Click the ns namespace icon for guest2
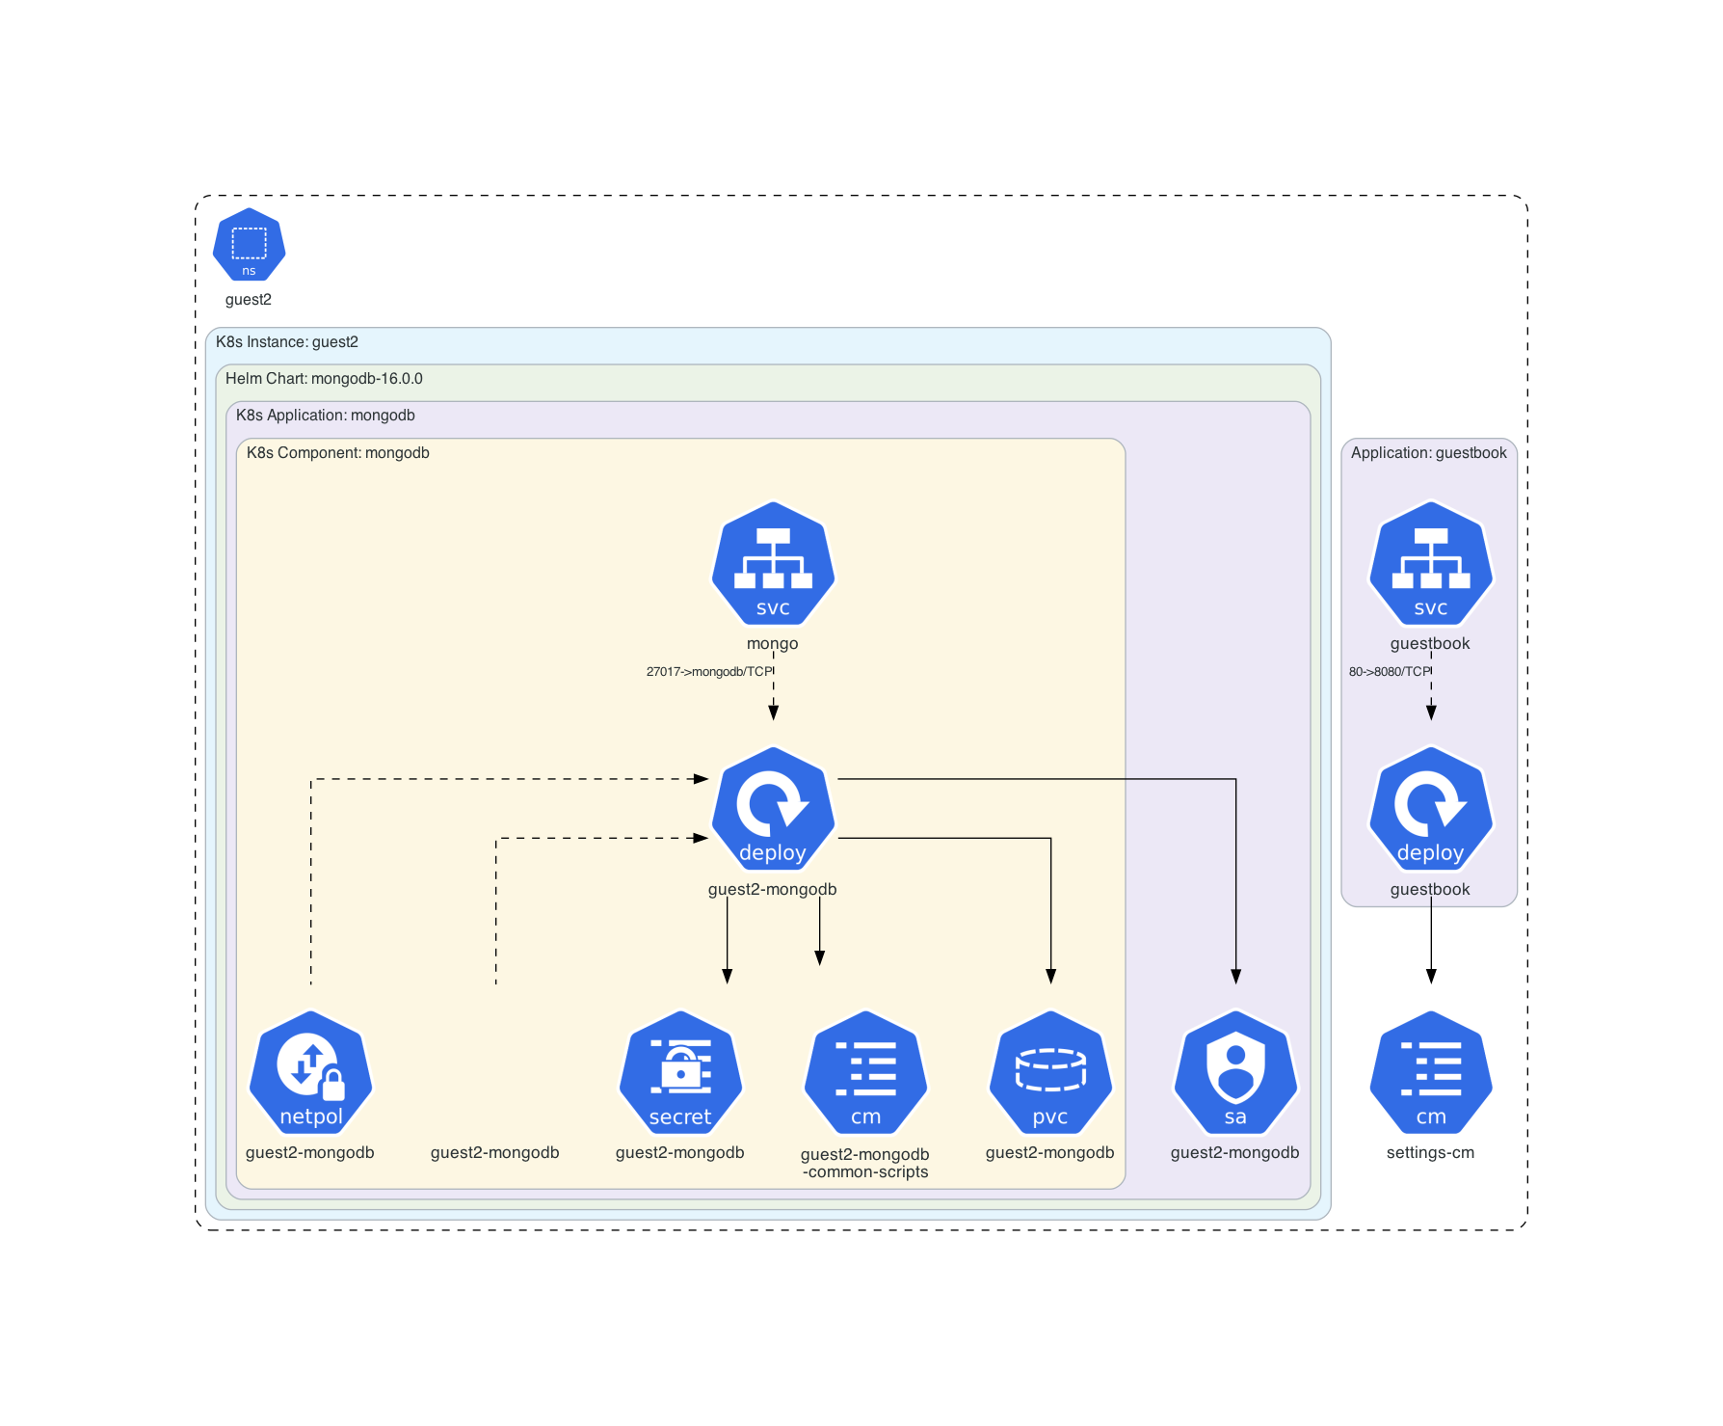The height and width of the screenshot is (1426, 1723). point(249,245)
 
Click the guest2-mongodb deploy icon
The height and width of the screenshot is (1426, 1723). point(773,809)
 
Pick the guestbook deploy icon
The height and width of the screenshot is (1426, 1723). point(1431,809)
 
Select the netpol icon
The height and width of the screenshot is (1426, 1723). point(310,1073)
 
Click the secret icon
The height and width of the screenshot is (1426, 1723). point(680,1073)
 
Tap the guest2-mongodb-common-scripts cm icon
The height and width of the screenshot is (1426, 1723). point(865,1073)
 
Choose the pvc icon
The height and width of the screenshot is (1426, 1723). point(1050,1073)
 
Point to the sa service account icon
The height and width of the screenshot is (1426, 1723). point(1235,1073)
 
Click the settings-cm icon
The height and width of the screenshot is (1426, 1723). point(1431,1073)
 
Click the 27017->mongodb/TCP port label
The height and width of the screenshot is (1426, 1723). point(709,672)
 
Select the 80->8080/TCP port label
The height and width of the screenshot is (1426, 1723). point(1390,672)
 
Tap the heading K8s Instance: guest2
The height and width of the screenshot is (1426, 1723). point(287,342)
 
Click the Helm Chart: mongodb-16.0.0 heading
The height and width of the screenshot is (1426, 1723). point(324,379)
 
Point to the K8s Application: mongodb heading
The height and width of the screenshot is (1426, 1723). point(326,416)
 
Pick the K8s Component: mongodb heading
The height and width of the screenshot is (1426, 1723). point(338,453)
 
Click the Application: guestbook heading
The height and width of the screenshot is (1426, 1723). point(1428,453)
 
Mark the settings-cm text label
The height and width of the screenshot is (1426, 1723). point(1430,1153)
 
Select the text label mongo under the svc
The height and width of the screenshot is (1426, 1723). point(772,644)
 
